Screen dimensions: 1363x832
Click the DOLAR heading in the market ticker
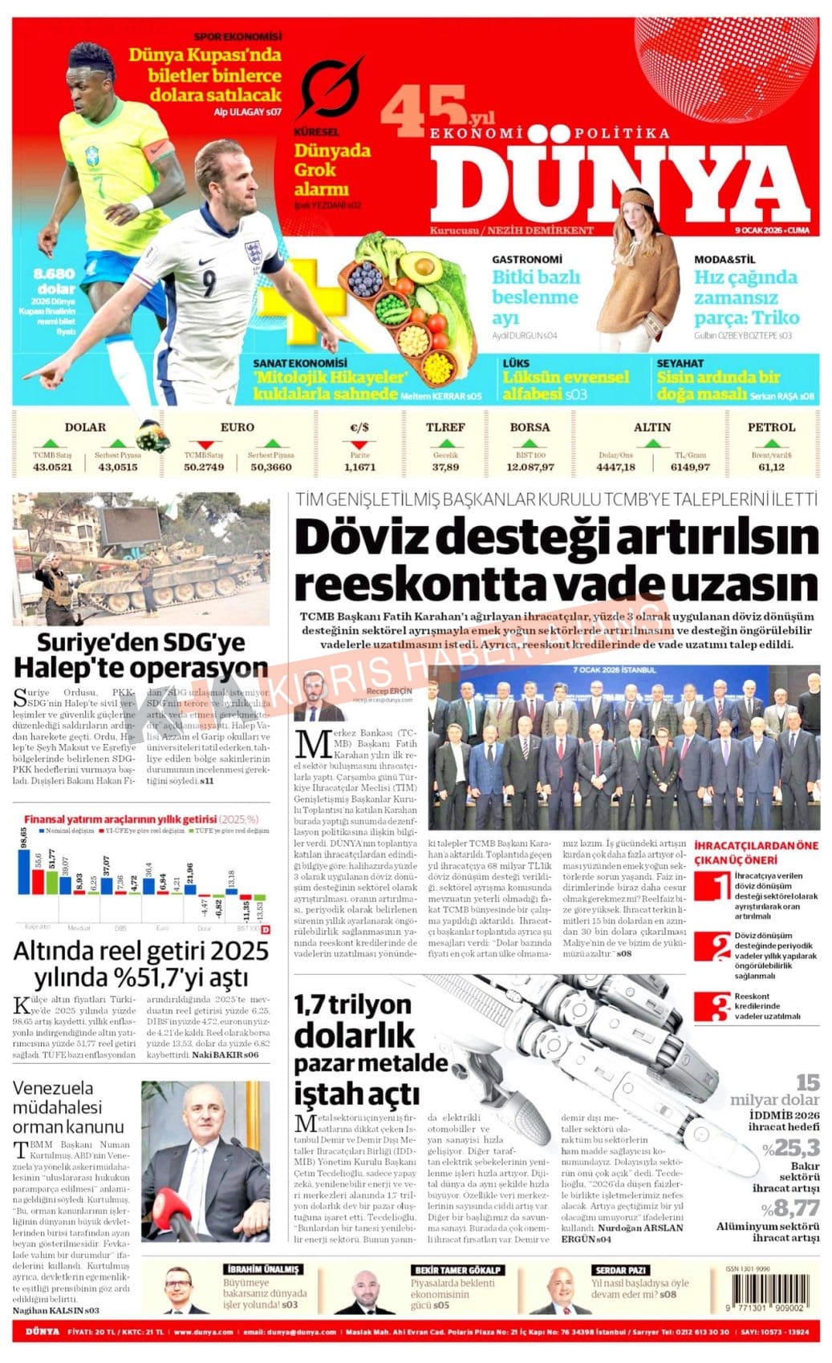click(x=85, y=427)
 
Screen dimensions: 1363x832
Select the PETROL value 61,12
click(x=771, y=467)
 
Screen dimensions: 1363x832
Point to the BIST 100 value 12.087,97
click(x=530, y=467)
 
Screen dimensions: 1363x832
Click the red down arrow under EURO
click(x=205, y=443)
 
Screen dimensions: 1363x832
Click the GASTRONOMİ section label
click(x=527, y=260)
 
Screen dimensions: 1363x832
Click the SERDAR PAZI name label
click(x=620, y=1270)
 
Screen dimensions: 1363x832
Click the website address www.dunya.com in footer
click(x=203, y=1333)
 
